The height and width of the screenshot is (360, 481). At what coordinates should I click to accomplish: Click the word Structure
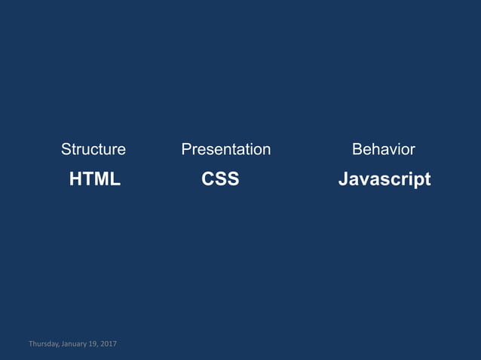[93, 149]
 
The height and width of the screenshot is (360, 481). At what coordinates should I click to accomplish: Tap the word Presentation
[226, 149]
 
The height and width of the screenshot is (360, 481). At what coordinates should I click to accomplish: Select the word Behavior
[384, 149]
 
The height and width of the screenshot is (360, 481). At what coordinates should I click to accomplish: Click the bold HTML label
[95, 179]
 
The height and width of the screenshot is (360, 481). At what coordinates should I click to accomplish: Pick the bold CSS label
[220, 179]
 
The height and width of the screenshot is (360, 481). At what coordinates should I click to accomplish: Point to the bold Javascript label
[384, 179]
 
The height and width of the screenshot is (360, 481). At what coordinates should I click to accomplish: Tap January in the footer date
[75, 344]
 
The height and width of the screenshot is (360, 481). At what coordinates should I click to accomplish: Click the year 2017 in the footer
[109, 344]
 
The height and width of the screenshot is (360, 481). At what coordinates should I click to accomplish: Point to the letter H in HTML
[75, 179]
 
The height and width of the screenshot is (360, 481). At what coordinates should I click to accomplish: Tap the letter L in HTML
[116, 179]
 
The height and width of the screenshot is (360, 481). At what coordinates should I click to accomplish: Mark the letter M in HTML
[103, 179]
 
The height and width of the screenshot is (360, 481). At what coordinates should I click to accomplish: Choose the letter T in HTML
[88, 179]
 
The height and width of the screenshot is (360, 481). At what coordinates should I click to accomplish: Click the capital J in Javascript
[343, 179]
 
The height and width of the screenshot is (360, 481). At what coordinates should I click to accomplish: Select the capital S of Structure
[66, 149]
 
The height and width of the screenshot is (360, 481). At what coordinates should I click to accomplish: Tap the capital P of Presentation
[186, 149]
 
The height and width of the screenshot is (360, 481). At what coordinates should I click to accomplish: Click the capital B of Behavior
[357, 149]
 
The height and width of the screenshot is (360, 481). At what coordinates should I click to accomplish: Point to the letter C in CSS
[208, 179]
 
